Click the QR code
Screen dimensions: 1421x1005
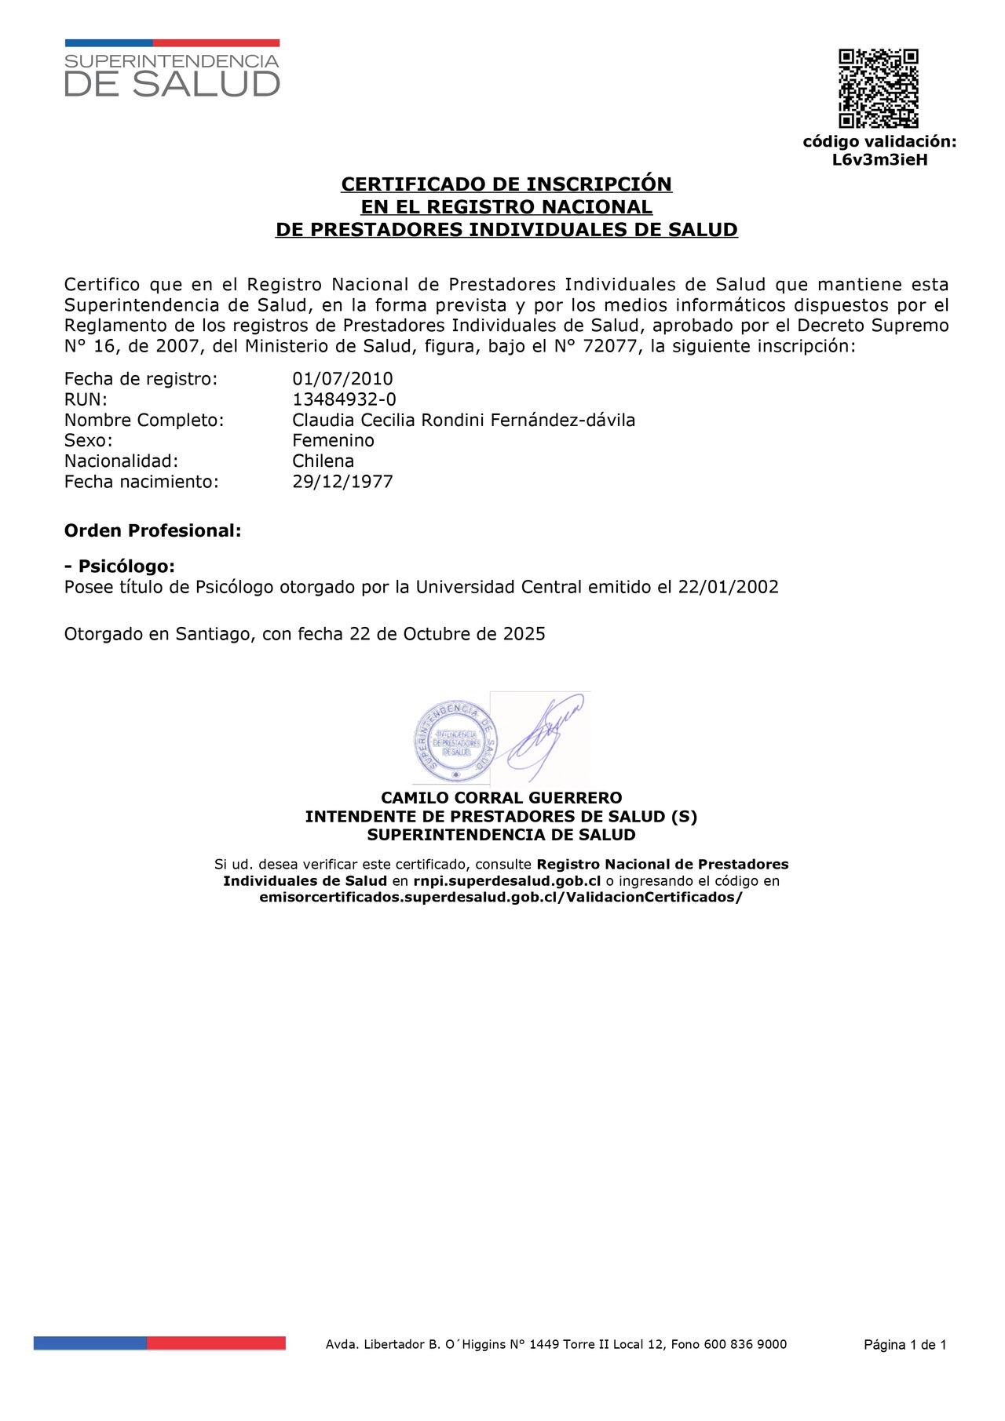(x=878, y=88)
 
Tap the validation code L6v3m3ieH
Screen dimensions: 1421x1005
(x=879, y=160)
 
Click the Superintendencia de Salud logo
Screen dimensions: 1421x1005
(x=172, y=70)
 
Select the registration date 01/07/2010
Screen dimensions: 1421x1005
(x=342, y=379)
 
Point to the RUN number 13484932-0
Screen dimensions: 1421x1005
(x=344, y=399)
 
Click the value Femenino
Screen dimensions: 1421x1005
(x=333, y=440)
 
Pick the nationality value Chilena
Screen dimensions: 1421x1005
(x=323, y=461)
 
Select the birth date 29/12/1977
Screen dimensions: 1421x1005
(x=342, y=482)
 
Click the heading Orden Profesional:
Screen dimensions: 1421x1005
(x=152, y=530)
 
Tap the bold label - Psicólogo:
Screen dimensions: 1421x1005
(x=119, y=567)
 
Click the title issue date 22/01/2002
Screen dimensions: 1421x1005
(x=728, y=587)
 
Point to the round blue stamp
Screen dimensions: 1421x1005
(x=455, y=741)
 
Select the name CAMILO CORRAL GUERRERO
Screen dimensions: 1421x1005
(x=501, y=798)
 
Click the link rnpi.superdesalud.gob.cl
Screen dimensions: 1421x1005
(x=506, y=881)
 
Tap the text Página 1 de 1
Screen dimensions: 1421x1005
(x=904, y=1345)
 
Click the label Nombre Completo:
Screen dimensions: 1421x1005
(x=144, y=420)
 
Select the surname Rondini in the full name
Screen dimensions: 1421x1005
(x=453, y=420)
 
